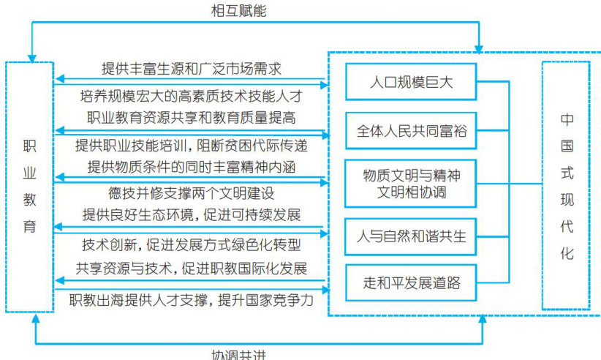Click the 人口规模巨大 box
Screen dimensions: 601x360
pos(411,82)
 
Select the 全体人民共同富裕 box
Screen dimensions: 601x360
pos(411,131)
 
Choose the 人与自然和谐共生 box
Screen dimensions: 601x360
pos(411,236)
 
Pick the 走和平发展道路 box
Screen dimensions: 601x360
pos(411,282)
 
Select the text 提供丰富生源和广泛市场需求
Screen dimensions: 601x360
pos(191,69)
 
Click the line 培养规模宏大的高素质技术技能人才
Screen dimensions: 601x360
pos(192,95)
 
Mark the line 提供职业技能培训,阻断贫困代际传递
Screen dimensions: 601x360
pos(192,145)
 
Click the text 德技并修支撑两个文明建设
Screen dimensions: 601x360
pos(191,194)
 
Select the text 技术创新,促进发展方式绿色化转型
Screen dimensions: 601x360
pos(191,244)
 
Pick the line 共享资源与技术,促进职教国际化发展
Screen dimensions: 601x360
pos(192,267)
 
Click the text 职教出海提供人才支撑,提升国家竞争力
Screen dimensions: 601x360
pos(192,299)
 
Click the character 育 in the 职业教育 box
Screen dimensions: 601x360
pos(29,225)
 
